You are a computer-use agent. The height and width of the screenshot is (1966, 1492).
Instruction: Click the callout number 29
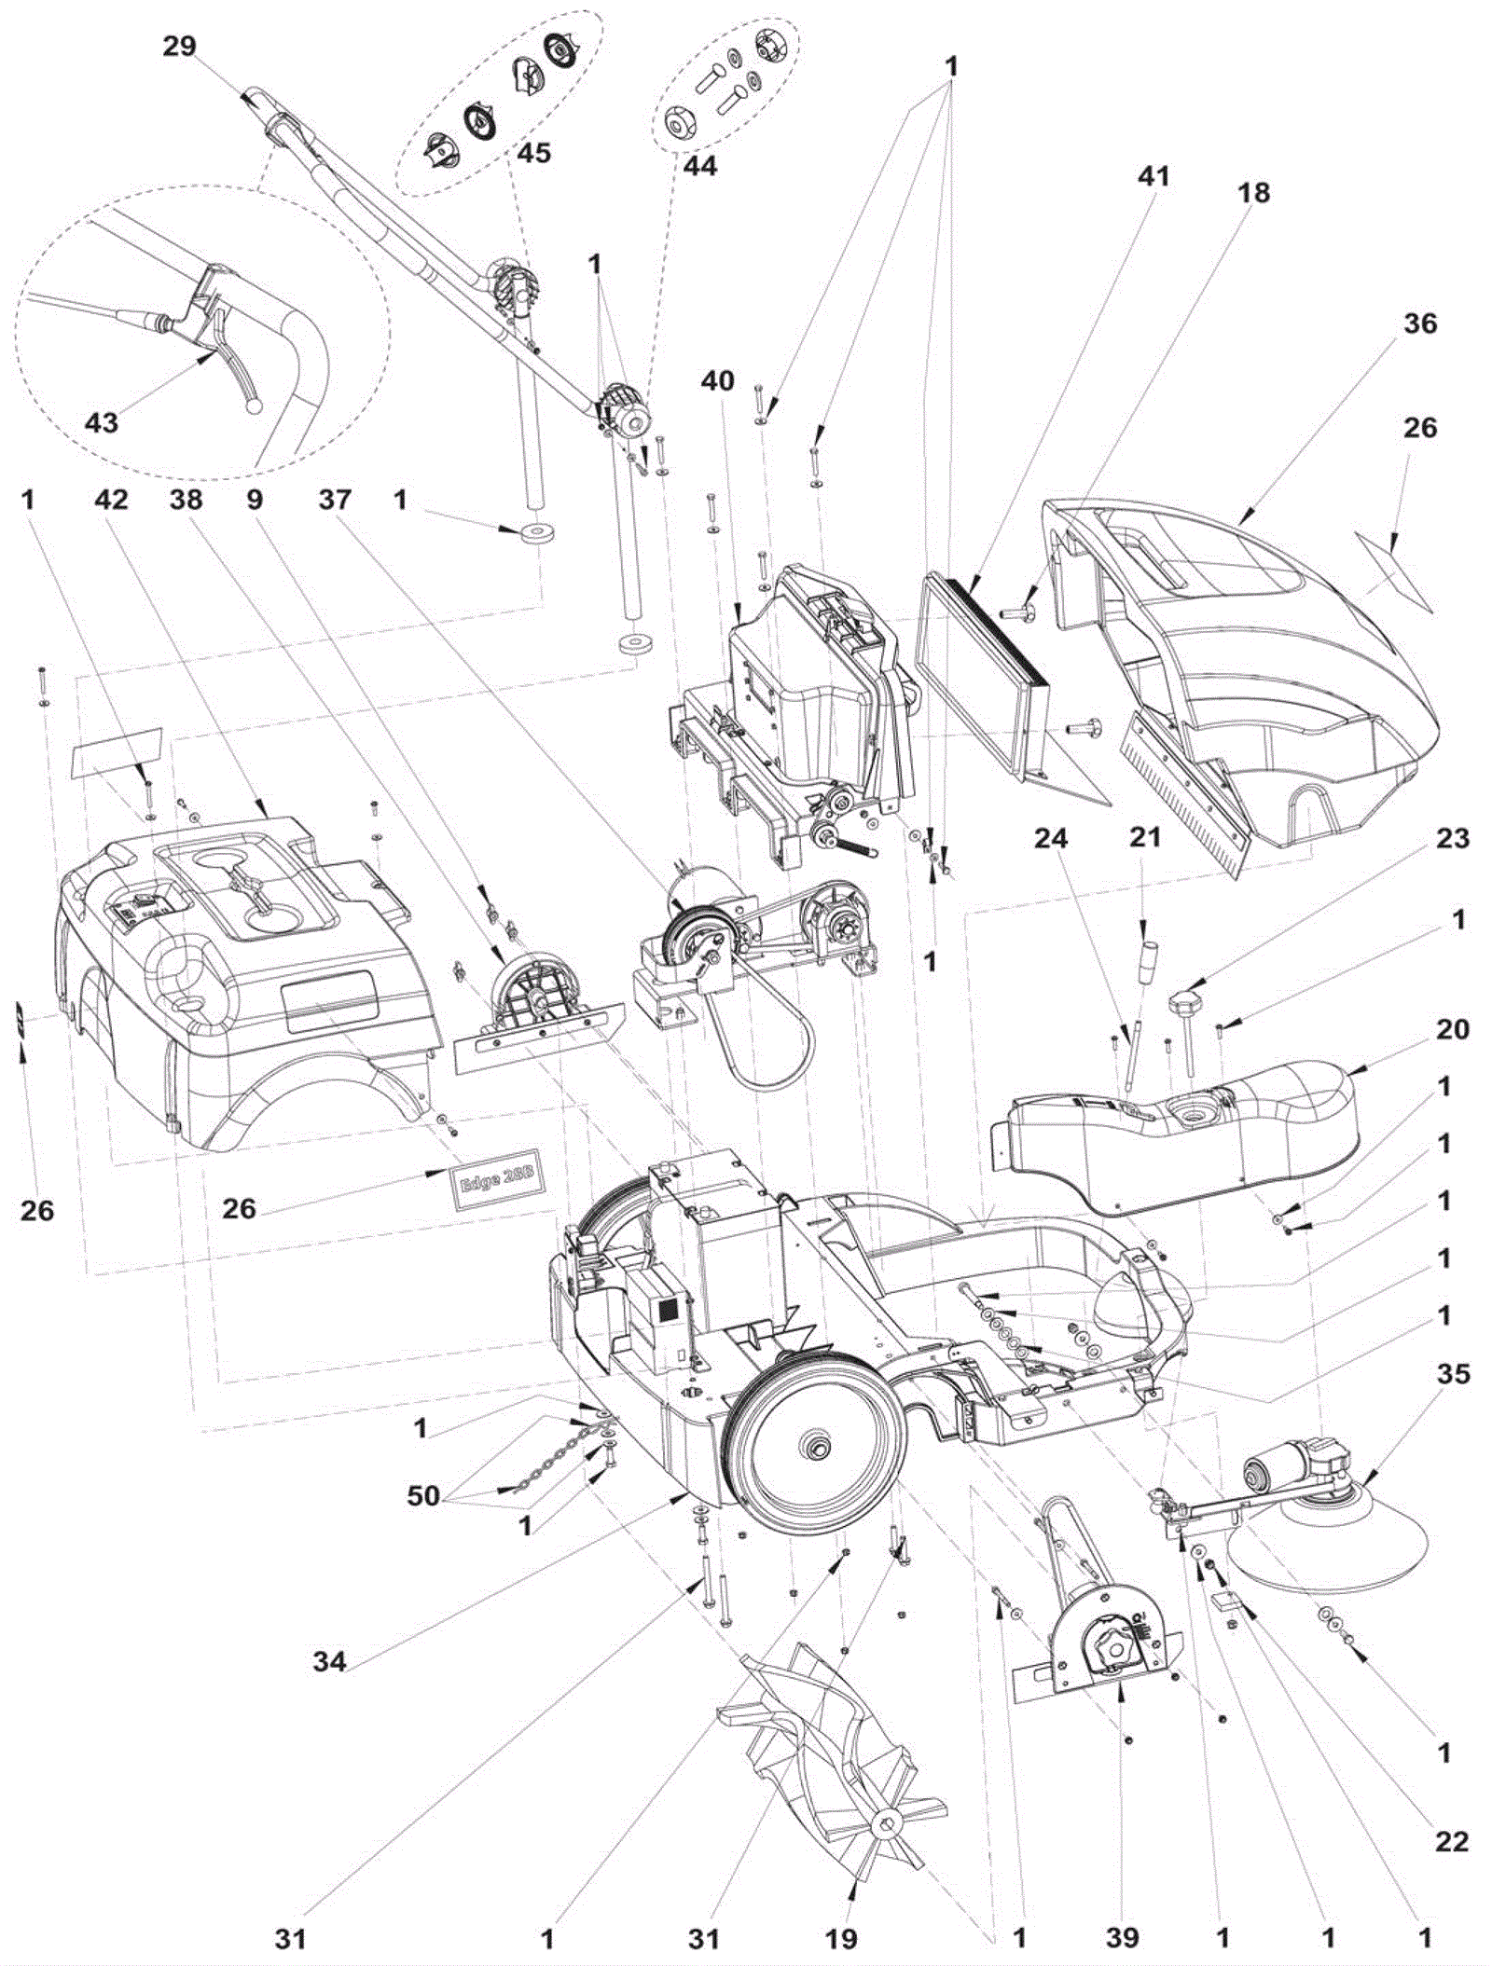179,47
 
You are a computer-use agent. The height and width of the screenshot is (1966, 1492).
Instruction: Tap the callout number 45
533,153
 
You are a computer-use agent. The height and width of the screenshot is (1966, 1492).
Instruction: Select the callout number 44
700,166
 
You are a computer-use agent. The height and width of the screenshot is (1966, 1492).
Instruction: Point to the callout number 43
102,423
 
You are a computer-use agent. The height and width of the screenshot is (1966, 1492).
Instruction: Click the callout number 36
1419,324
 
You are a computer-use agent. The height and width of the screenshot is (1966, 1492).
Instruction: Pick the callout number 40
718,381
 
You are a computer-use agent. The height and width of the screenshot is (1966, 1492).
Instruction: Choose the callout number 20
1452,1030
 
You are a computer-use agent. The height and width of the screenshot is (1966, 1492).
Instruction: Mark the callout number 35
1453,1374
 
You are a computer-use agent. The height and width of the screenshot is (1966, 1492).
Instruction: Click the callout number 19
841,1939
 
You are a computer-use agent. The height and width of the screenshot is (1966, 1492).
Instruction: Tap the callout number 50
422,1496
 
